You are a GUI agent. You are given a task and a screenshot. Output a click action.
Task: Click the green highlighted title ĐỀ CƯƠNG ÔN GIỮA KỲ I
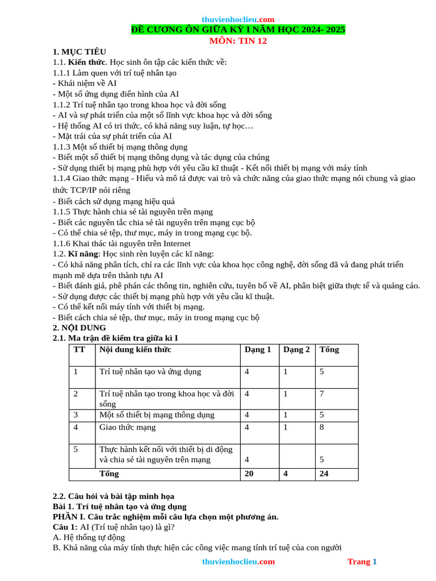(238, 30)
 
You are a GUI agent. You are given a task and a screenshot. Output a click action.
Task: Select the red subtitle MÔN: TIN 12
(238, 40)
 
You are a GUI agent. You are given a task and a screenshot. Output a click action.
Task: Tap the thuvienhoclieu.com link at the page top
(238, 19)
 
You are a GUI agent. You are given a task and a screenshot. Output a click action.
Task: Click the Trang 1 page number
(362, 562)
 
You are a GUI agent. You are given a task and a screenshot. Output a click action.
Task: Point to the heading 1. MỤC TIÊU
(79, 52)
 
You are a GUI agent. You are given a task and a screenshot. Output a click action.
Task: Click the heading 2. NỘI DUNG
(79, 328)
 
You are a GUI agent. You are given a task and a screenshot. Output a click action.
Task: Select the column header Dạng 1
(258, 350)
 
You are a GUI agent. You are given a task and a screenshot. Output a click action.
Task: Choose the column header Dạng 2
(296, 350)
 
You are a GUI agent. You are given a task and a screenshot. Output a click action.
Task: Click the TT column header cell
(79, 350)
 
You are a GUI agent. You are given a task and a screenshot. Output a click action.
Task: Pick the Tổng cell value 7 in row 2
(322, 393)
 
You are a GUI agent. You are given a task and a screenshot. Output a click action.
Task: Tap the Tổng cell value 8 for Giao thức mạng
(322, 427)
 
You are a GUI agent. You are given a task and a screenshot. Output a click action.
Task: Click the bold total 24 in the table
(324, 473)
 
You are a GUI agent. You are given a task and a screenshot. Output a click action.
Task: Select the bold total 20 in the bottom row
(249, 473)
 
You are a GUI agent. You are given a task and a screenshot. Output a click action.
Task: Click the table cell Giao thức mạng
(127, 427)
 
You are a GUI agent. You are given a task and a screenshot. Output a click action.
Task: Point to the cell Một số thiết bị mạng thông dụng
(157, 415)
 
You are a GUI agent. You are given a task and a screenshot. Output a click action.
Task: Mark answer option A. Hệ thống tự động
(89, 537)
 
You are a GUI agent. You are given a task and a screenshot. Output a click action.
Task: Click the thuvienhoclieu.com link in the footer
(238, 562)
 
